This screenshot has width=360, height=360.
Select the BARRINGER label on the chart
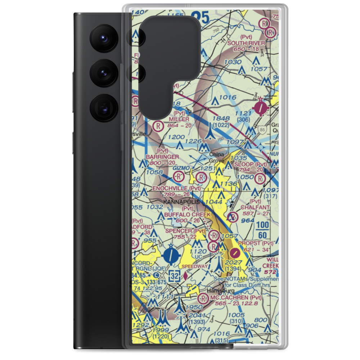click(x=162, y=157)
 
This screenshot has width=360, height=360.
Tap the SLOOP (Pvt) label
click(x=251, y=165)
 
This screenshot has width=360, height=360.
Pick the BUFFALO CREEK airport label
click(x=187, y=215)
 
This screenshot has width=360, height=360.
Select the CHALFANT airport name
click(x=255, y=208)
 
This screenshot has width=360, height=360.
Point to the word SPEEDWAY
click(x=195, y=266)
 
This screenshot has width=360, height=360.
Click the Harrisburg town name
click(x=220, y=291)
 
